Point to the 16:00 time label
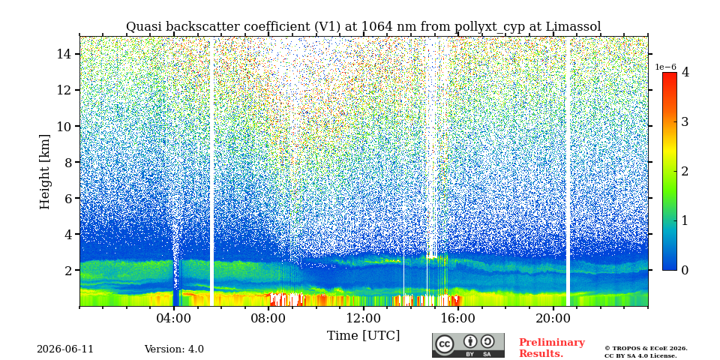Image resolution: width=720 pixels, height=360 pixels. [458, 319]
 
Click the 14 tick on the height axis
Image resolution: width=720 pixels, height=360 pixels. [63, 54]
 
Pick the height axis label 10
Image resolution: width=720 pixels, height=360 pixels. [63, 126]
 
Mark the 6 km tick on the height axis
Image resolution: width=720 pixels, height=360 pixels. [67, 198]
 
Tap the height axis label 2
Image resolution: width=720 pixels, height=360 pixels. [67, 271]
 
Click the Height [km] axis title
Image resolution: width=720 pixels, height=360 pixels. [44, 172]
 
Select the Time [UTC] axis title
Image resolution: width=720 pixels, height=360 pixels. [363, 336]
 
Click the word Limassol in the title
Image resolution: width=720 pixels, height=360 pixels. [573, 27]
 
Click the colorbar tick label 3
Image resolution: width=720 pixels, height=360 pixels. [685, 121]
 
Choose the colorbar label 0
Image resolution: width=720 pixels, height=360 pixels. [685, 270]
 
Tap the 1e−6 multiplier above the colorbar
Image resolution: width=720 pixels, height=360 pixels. [665, 67]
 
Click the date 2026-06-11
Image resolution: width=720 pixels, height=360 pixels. [65, 349]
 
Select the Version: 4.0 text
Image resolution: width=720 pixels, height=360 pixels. [174, 349]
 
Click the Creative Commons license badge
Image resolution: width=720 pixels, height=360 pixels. [468, 346]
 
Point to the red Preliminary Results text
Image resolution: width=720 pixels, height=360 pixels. [552, 348]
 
